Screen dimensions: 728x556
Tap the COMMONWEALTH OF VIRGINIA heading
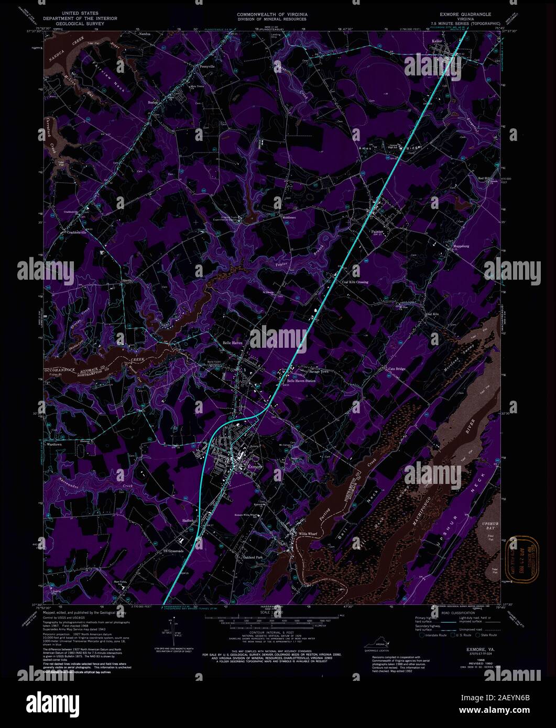(272, 14)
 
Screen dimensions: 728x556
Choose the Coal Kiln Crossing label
(355, 282)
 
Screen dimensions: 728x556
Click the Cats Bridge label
(397, 369)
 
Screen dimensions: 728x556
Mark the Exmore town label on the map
(254, 466)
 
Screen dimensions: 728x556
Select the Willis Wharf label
(308, 534)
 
